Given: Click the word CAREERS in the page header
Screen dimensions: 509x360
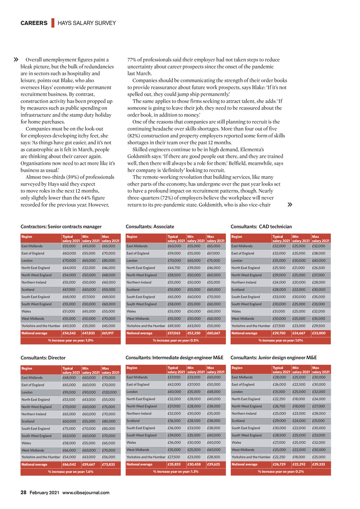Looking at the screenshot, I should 34,23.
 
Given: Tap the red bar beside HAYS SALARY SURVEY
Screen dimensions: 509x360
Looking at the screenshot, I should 53,23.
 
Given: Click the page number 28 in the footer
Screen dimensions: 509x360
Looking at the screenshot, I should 23,492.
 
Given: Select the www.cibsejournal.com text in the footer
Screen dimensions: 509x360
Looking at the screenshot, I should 86,492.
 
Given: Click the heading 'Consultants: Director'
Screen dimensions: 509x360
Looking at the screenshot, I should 43,358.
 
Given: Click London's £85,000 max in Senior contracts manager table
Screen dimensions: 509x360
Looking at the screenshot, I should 109,260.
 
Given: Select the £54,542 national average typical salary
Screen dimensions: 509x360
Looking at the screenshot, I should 69,333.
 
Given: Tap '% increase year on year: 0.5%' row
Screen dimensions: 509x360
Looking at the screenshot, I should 176,340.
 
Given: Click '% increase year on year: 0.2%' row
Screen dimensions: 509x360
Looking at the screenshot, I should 281,471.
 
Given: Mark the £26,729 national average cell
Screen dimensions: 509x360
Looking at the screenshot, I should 279,464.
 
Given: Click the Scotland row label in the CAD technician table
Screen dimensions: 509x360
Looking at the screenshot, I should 238,290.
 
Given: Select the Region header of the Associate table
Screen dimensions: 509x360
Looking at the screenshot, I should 132,237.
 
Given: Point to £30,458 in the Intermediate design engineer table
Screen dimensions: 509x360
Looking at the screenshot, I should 194,464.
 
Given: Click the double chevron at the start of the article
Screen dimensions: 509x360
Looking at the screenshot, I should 16,60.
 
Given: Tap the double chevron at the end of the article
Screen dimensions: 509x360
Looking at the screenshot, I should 290,205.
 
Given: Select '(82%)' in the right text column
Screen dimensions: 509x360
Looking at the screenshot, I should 134,136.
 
